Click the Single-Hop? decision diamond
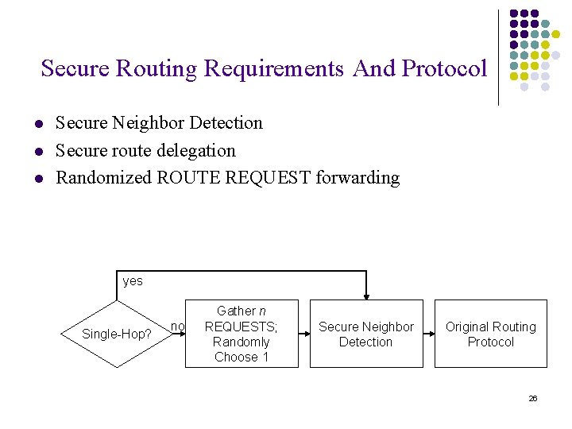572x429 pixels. pyautogui.click(x=118, y=334)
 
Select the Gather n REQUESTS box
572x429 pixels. pyautogui.click(x=242, y=334)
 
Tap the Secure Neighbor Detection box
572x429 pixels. pyautogui.click(x=365, y=334)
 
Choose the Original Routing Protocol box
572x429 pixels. pyautogui.click(x=490, y=334)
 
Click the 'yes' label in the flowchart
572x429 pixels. pyautogui.click(x=133, y=281)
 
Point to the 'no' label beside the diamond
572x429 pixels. pyautogui.click(x=177, y=326)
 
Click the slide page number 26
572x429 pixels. pyautogui.click(x=532, y=398)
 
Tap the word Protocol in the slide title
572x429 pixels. pyautogui.click(x=444, y=69)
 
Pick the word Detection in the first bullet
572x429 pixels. pyautogui.click(x=225, y=123)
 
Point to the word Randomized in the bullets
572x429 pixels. pyautogui.click(x=103, y=177)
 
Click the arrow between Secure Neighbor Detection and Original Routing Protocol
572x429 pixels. pyautogui.click(x=428, y=334)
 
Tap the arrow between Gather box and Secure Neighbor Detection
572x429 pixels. pyautogui.click(x=303, y=334)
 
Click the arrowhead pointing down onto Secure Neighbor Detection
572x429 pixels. pyautogui.click(x=365, y=295)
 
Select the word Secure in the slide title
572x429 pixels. pyautogui.click(x=75, y=69)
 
